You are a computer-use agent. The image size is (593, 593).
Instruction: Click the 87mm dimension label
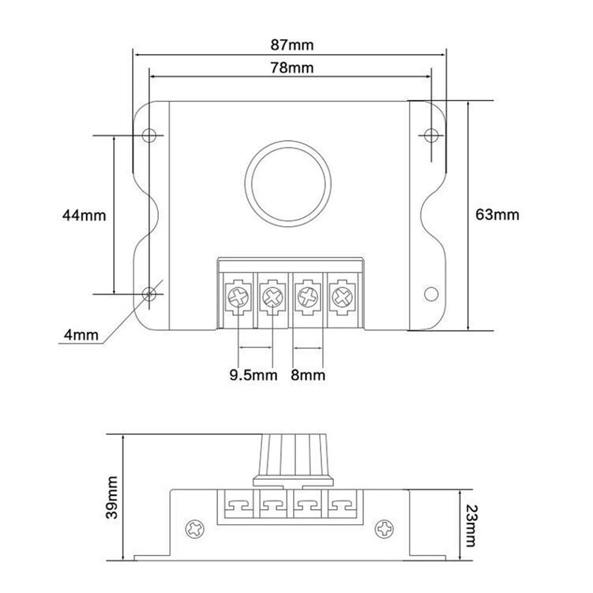click(x=292, y=45)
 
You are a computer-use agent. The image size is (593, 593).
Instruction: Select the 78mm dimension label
click(x=292, y=68)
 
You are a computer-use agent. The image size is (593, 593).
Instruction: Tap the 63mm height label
click(x=497, y=215)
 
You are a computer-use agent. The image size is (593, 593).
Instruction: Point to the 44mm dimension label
click(x=84, y=216)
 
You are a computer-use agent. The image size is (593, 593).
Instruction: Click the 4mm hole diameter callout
click(x=81, y=335)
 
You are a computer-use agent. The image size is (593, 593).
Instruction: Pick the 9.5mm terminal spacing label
click(x=253, y=375)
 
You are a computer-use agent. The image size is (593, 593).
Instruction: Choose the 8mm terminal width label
click(x=308, y=375)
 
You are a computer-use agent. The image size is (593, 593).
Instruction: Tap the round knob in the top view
click(x=288, y=184)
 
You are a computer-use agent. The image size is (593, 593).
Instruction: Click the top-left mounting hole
click(x=149, y=135)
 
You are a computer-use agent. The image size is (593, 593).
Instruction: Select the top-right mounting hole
click(x=431, y=135)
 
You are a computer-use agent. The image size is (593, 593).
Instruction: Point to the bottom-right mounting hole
click(x=431, y=294)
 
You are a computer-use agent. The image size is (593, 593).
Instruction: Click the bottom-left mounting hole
click(x=149, y=294)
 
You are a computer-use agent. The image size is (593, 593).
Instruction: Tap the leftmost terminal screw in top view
click(x=239, y=296)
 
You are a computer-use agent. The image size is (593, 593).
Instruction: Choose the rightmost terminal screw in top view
click(x=342, y=296)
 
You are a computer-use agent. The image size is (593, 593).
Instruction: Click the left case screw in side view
click(x=195, y=528)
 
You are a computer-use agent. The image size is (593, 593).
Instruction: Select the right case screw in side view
click(x=384, y=528)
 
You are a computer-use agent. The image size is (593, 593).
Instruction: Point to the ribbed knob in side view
click(x=294, y=460)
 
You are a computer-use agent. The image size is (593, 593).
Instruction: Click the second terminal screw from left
click(x=273, y=296)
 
